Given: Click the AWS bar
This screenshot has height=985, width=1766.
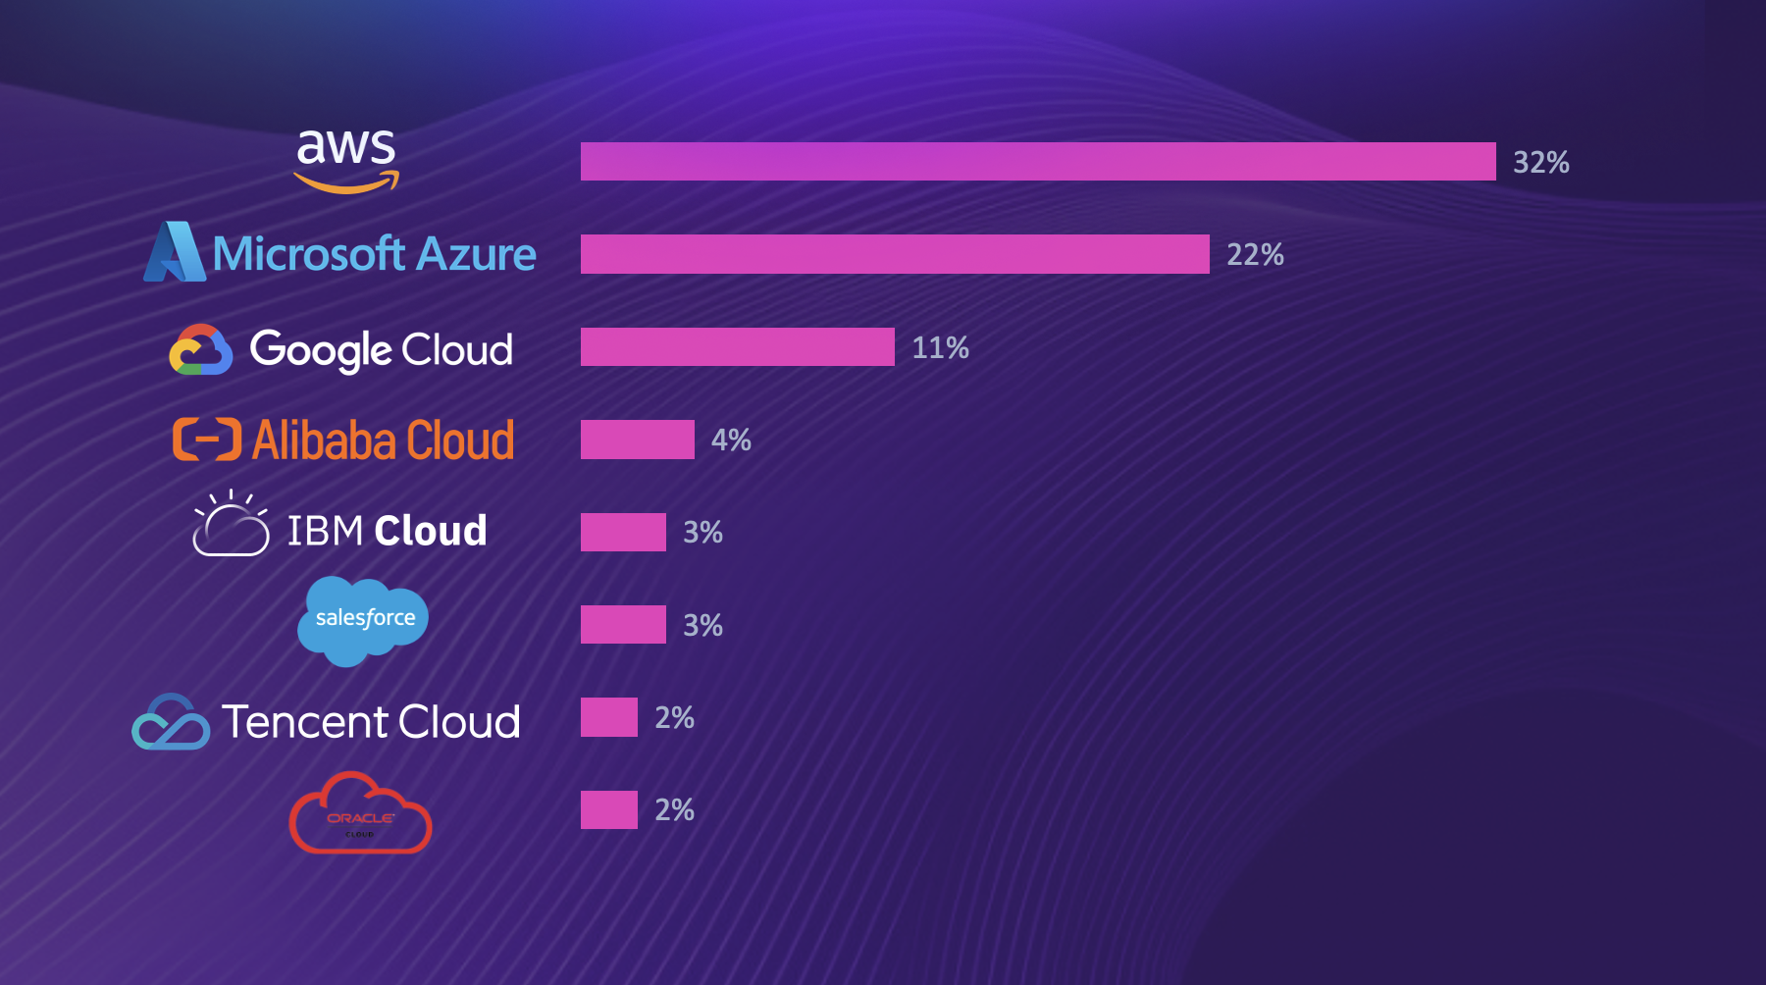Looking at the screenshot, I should click(x=1038, y=162).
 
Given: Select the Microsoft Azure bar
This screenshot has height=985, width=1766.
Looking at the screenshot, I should click(x=895, y=254).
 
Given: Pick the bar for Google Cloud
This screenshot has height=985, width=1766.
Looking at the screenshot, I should click(x=737, y=347).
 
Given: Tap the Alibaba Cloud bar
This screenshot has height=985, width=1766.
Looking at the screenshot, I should click(x=637, y=440).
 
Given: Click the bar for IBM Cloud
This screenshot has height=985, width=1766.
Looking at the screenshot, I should click(x=623, y=532).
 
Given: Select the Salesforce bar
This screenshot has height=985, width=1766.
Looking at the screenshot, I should click(x=623, y=625).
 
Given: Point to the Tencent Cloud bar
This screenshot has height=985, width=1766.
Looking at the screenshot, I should click(x=608, y=717).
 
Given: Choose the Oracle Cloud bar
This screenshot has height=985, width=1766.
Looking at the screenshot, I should click(x=608, y=810).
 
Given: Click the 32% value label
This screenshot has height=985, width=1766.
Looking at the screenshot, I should click(x=1540, y=162).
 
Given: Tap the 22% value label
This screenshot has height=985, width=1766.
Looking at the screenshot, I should click(x=1255, y=255).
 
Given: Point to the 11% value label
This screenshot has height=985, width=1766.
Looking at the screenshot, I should click(x=940, y=347).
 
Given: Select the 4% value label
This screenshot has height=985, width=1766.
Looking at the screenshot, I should click(x=731, y=440).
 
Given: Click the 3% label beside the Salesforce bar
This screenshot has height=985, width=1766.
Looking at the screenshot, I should click(x=702, y=625).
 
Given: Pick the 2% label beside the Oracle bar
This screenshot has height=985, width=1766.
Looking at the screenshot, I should click(x=674, y=810).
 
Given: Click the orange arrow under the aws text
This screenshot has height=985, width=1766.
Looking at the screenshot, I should click(x=347, y=182).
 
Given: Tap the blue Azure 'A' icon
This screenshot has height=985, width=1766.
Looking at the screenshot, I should click(x=175, y=252).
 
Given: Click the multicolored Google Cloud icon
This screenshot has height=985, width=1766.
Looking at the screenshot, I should click(x=201, y=350).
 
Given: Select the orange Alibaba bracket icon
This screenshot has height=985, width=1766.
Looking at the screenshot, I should click(x=207, y=440).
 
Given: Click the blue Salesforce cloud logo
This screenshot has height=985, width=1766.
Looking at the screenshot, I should click(x=363, y=620).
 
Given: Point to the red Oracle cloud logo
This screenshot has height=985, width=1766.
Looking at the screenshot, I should click(x=360, y=813).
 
